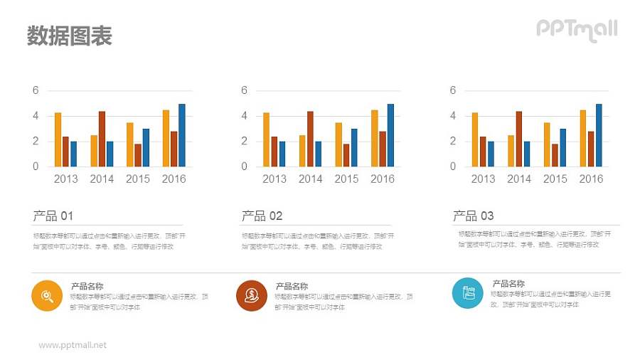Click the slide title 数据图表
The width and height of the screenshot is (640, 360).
pos(70,36)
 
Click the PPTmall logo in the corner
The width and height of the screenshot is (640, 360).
pos(576,29)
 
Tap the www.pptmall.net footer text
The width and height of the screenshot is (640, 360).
pos(73,345)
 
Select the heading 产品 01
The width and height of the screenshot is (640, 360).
pos(53,216)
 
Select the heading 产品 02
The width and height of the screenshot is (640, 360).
pos(262,216)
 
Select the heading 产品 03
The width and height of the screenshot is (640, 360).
pos(473,216)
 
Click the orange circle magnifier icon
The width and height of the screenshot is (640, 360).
pos(47,295)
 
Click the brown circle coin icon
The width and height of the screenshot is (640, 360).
pos(251,295)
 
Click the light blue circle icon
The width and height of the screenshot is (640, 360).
pos(467,292)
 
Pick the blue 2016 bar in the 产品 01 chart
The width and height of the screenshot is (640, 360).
pos(182,135)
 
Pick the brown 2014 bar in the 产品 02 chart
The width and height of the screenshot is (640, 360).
pos(310,139)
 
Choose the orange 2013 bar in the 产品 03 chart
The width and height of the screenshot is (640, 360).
pos(475,139)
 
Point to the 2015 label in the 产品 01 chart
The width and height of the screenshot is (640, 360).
pos(138,179)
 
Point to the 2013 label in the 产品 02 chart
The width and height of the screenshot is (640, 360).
pos(274,179)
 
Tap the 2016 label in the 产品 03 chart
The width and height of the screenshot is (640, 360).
pos(591,179)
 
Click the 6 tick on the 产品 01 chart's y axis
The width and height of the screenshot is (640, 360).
pos(36,90)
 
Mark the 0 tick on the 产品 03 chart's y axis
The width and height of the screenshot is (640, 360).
pos(453,166)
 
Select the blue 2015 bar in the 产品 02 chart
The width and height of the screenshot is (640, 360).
pos(354,147)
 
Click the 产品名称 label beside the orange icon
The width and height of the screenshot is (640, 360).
pos(87,286)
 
